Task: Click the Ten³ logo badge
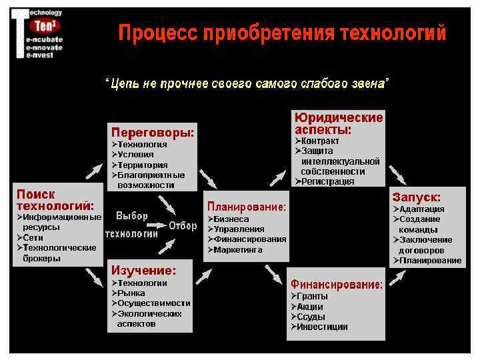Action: click(45, 25)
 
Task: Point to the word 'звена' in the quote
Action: click(371, 83)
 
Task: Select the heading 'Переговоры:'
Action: click(153, 132)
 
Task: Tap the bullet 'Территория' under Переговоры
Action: click(143, 165)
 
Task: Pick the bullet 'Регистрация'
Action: click(327, 181)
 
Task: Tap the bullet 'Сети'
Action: click(33, 237)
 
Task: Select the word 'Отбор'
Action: click(183, 226)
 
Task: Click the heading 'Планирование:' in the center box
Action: click(247, 207)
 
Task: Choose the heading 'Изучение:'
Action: click(143, 270)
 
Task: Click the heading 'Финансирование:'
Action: click(337, 285)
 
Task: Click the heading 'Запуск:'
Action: click(417, 197)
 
